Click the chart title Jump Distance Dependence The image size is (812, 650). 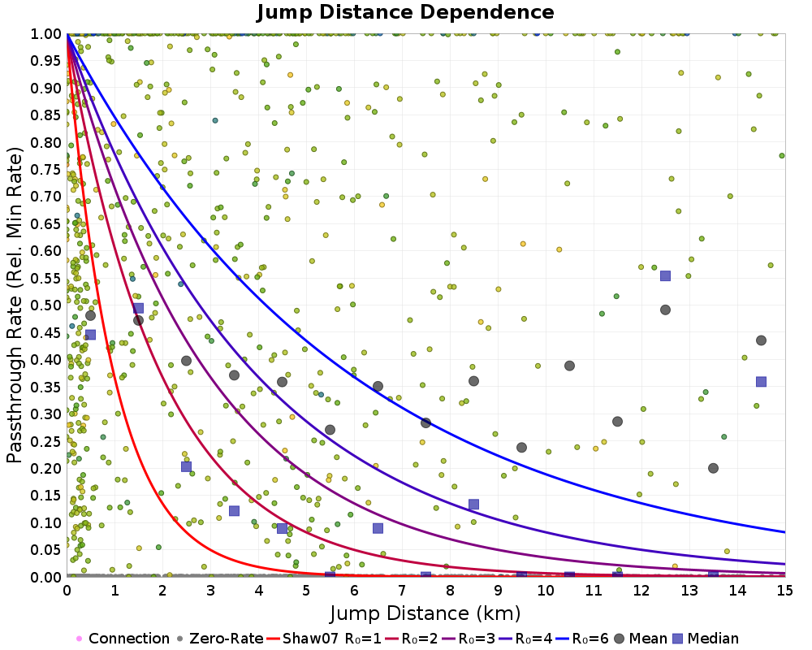coord(405,13)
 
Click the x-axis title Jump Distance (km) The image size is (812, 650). coord(425,612)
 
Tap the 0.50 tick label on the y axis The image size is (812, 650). coord(46,305)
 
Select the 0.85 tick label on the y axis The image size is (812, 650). coord(46,115)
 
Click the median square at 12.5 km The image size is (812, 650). coord(665,275)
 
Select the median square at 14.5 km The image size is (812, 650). coord(761,382)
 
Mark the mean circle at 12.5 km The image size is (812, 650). coord(665,310)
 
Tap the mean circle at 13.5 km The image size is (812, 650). coord(713,468)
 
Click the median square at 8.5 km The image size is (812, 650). coord(473,505)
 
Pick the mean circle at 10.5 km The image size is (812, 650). coord(569,366)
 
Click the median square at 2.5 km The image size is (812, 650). coord(186,466)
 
